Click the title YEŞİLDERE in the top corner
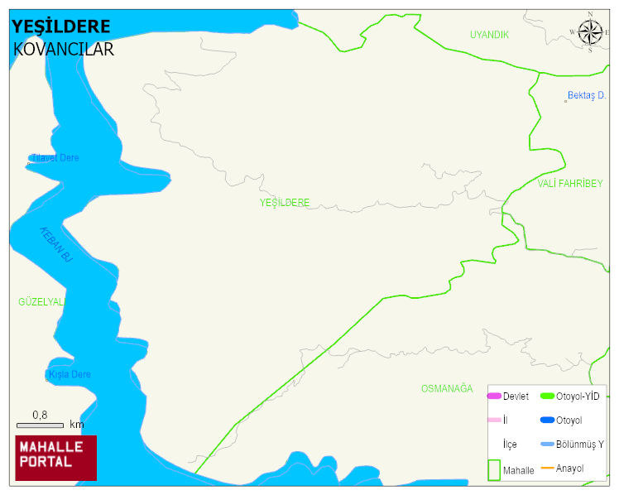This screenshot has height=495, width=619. point(61,26)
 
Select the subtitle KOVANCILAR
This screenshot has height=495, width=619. point(64,50)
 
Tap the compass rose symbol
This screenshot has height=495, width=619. point(590,32)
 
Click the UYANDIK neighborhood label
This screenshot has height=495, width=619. point(489,35)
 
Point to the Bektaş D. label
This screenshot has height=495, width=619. point(586,96)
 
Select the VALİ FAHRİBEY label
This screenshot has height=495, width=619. point(570,184)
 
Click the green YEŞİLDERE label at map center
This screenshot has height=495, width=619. point(284,203)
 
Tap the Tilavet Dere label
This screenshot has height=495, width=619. point(55,158)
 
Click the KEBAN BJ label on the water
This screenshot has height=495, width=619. point(56,245)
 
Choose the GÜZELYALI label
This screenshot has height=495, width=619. point(41,302)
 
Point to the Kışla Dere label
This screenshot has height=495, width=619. point(70,375)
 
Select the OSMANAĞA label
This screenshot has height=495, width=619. point(446,389)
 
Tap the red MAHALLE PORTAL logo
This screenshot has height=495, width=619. point(56,458)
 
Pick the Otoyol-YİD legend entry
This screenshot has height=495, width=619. point(578,396)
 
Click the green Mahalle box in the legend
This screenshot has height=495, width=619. point(494,469)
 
